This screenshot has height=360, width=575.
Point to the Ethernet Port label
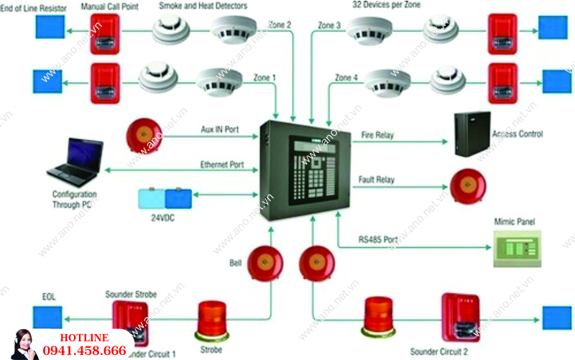pos(222,165)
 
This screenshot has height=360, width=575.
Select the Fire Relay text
pos(377,134)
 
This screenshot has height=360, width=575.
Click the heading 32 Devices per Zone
pos(386,5)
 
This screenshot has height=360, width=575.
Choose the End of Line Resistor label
pos(36,6)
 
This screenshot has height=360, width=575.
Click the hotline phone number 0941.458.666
pos(85,351)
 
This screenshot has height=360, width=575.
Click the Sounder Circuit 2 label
pos(443,352)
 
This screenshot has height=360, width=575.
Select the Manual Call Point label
pos(109,6)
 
